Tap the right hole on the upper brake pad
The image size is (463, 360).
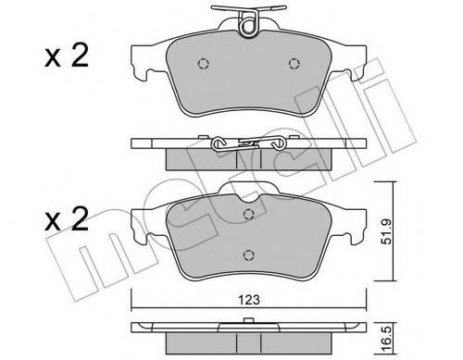tap(294, 64)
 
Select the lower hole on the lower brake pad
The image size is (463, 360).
tap(248, 255)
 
